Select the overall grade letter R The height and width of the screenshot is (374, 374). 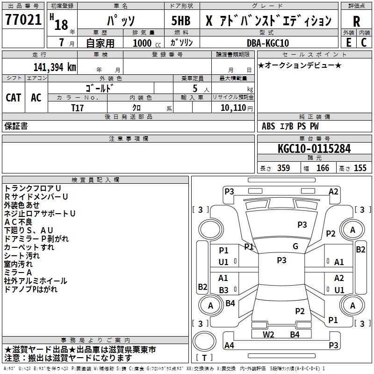tap(356, 22)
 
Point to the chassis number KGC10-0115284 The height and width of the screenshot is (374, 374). tap(314, 149)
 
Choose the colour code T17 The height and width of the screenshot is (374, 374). tap(77, 108)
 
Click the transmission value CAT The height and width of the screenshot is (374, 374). tap(14, 98)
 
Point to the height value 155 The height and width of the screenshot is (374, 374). tap(360, 168)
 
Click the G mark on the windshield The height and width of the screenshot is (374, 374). tap(295, 246)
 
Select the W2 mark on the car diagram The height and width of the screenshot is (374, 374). tap(268, 334)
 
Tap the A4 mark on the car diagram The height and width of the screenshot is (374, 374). tap(229, 345)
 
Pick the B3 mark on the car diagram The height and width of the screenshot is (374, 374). tap(223, 290)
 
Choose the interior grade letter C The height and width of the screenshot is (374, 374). tap(364, 43)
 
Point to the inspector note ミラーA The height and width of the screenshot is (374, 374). tap(18, 273)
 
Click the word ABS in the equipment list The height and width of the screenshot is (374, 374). tap(268, 126)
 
